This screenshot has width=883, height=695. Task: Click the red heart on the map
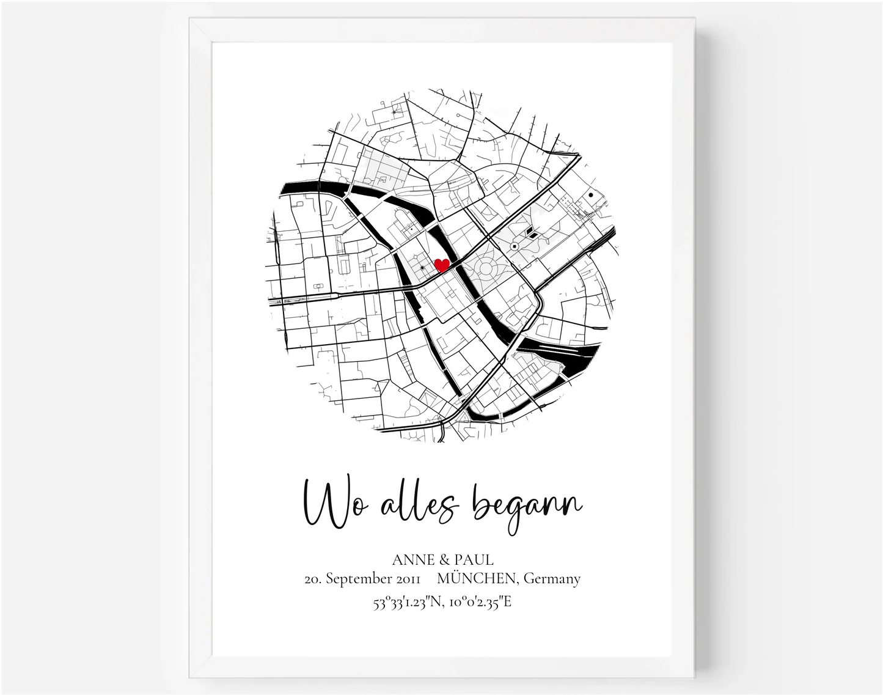pos(441,265)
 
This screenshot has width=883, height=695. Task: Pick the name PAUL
pos(473,559)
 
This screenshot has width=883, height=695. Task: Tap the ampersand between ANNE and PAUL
pos(444,559)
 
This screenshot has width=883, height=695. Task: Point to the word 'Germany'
pos(552,578)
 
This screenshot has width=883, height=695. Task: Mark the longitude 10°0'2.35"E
pos(482,603)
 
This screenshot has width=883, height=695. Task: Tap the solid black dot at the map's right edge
pos(591,196)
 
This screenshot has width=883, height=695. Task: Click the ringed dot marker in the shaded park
pos(515,246)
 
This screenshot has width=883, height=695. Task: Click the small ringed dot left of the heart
pos(422,268)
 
